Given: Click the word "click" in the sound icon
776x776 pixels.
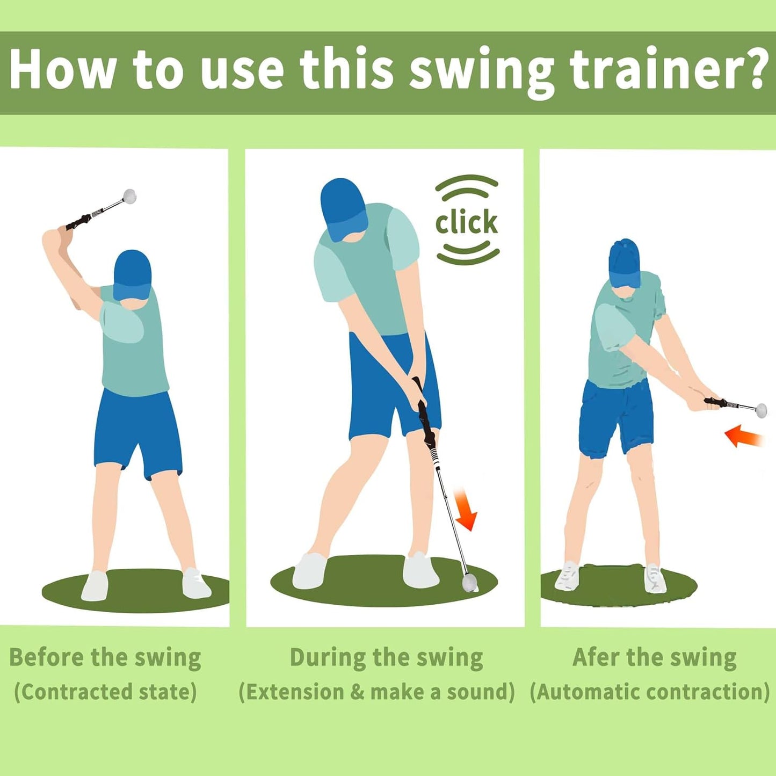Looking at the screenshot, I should pos(466,222).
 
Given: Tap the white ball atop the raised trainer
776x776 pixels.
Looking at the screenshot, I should pos(129,196).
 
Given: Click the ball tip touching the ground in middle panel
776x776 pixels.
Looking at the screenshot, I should pos(469,582).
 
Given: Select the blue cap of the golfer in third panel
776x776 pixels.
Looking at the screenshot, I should pos(625,262).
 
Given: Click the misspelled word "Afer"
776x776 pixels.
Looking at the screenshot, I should pos(595,657).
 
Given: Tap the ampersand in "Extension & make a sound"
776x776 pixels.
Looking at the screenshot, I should pos(357,692).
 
